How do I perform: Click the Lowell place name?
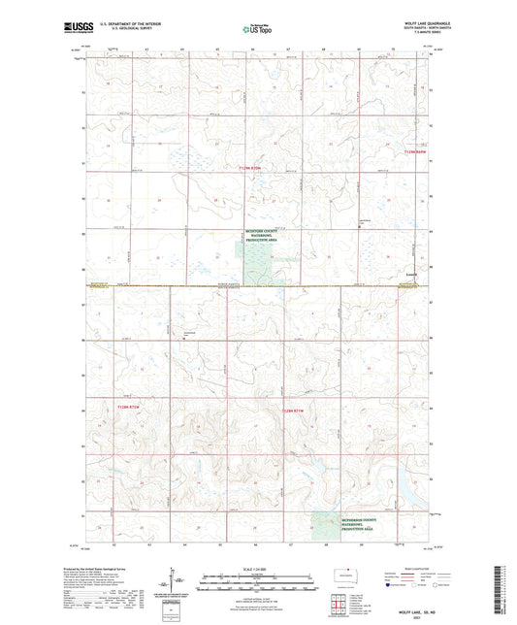coord(411,274)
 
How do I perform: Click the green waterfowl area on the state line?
coord(256,263)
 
